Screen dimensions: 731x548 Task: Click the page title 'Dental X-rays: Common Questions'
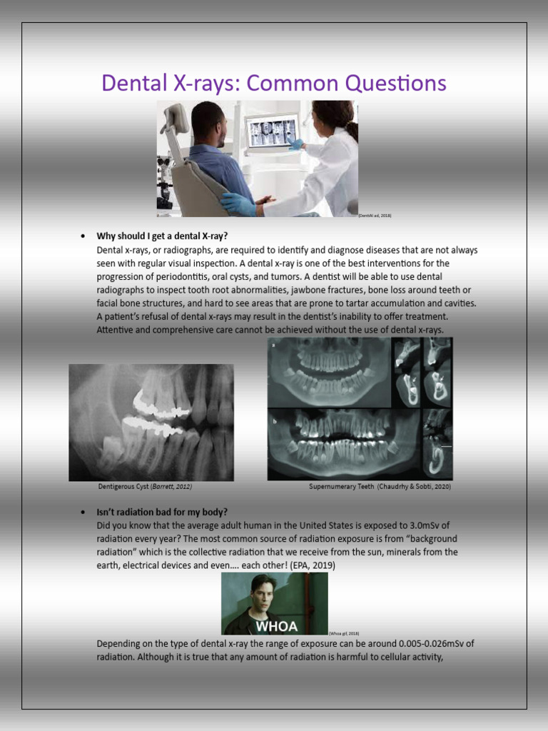(x=274, y=84)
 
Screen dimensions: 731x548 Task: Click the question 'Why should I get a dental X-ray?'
(x=162, y=236)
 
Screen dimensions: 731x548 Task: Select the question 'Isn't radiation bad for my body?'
(x=162, y=513)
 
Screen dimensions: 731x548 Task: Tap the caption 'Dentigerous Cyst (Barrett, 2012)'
(x=145, y=486)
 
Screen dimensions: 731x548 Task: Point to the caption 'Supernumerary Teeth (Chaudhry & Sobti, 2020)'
(x=380, y=486)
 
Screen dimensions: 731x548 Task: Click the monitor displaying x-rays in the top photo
(x=273, y=131)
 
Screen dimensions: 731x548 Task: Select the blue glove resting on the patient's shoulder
(x=240, y=204)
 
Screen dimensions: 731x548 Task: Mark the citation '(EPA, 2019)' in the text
(x=314, y=565)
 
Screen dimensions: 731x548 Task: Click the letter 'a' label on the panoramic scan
(x=273, y=344)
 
